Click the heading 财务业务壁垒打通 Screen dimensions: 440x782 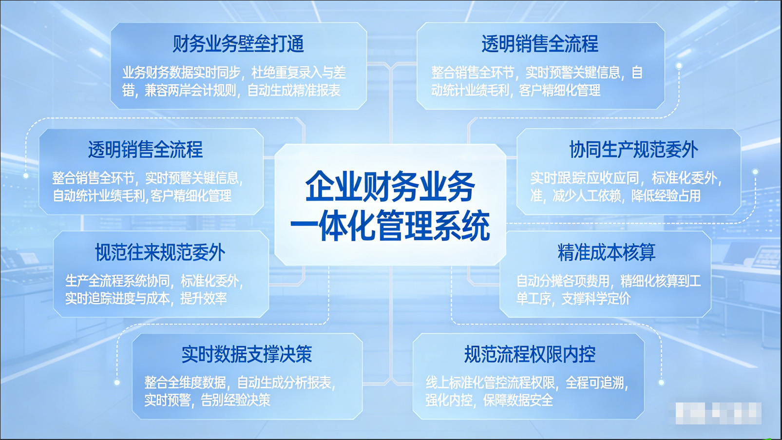(x=238, y=44)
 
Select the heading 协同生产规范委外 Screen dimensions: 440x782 (x=633, y=150)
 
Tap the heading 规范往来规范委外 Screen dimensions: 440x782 (x=160, y=252)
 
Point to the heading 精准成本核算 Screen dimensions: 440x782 (x=606, y=252)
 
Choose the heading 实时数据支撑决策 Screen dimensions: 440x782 (x=247, y=354)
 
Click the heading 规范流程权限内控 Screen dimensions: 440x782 (x=530, y=354)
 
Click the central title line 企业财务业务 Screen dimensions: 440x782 (x=390, y=186)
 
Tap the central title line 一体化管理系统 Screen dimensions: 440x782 (x=390, y=226)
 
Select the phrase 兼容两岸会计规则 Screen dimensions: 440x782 (x=191, y=91)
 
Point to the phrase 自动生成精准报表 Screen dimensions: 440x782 (x=294, y=91)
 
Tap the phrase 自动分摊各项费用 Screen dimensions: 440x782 (x=563, y=281)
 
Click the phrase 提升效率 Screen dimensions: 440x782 (x=203, y=299)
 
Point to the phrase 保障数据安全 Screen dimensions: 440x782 (x=518, y=401)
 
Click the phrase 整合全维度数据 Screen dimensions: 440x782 (x=185, y=383)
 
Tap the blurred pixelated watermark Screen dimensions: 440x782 (x=718, y=413)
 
